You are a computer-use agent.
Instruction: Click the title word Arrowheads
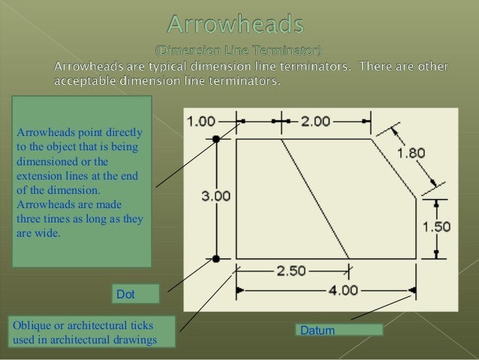click(236, 26)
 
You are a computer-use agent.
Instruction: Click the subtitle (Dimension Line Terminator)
click(238, 51)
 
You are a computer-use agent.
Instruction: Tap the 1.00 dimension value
click(200, 120)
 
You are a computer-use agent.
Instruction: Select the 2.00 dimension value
click(320, 120)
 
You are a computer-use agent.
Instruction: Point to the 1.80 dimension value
click(411, 153)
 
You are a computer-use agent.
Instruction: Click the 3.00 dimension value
click(216, 195)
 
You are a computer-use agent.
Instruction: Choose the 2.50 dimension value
click(291, 271)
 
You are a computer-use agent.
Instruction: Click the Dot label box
click(136, 294)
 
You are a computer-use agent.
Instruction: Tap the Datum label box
click(339, 330)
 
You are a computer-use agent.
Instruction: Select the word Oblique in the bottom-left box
click(29, 325)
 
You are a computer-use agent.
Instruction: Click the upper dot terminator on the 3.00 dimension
click(216, 139)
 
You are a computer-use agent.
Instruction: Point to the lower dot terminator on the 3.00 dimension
click(216, 259)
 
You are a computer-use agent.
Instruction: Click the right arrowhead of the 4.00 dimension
click(411, 289)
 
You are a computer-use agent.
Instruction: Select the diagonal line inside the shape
click(315, 198)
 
